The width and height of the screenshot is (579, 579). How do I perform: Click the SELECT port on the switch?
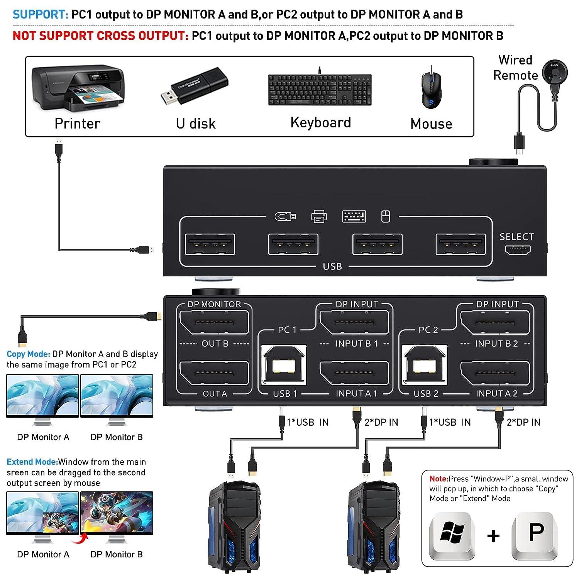click(517, 250)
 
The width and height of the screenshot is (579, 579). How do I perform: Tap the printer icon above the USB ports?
click(319, 217)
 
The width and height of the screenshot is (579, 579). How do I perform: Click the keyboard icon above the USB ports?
click(354, 217)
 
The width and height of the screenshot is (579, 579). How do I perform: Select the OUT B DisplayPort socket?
click(214, 322)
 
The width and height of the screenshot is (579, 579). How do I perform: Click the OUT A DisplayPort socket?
click(214, 373)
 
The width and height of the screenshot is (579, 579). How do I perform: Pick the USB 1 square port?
click(284, 365)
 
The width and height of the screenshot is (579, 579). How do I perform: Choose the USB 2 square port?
click(425, 365)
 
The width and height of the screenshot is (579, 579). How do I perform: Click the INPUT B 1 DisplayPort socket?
click(354, 322)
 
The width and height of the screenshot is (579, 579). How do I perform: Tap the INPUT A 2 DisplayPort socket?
click(495, 373)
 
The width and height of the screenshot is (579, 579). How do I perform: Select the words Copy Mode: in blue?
click(29, 354)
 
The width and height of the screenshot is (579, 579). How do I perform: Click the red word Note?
click(439, 479)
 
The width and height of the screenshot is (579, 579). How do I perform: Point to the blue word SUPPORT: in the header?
click(41, 15)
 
